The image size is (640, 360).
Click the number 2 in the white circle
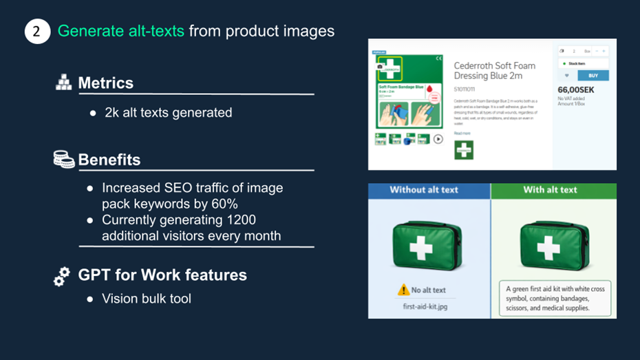[37, 32]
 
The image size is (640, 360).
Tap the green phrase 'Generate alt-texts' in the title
[120, 31]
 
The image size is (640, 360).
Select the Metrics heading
[105, 83]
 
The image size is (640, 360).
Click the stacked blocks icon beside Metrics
[63, 83]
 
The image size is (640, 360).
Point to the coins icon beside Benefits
[63, 159]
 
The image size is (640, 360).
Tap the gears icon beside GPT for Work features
[62, 276]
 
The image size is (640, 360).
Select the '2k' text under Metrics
[111, 112]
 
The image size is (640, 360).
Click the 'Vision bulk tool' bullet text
[147, 299]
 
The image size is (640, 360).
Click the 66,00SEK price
[575, 89]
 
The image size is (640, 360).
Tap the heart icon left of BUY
[567, 76]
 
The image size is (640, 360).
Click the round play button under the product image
[438, 139]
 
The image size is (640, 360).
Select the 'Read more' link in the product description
[462, 134]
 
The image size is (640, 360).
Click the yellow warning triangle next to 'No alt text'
[403, 290]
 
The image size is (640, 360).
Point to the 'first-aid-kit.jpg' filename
[425, 306]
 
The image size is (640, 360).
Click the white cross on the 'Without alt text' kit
[421, 247]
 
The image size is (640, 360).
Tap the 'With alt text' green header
[550, 190]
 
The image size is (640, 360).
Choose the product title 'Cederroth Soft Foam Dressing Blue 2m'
[494, 71]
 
